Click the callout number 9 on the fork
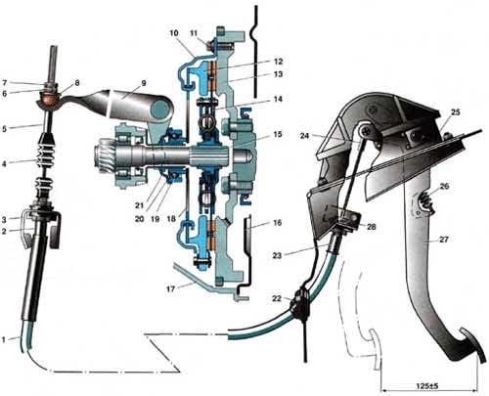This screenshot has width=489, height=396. tap(144, 83)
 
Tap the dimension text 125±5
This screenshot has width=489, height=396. tap(427, 386)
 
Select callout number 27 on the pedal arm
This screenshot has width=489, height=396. tap(444, 240)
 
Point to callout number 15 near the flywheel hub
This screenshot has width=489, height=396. tap(278, 134)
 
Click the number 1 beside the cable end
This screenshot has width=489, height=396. tap(4, 339)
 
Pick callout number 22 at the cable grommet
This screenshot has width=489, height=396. tap(277, 298)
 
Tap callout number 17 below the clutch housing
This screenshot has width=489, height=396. tap(171, 288)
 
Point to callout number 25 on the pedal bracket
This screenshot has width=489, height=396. tap(456, 112)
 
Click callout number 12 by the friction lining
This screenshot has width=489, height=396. tap(278, 62)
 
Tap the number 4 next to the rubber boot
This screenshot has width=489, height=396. tap(4, 163)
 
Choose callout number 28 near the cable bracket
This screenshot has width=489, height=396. tap(372, 227)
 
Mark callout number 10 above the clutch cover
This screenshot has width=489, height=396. tap(174, 33)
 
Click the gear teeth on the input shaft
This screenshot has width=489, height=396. tap(105, 153)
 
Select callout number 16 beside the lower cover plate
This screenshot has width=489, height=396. tap(278, 223)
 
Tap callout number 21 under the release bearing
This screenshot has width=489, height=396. tap(140, 205)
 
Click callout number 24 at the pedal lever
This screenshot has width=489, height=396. tap(304, 135)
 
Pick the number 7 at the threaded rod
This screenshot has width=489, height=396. tap(4, 83)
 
